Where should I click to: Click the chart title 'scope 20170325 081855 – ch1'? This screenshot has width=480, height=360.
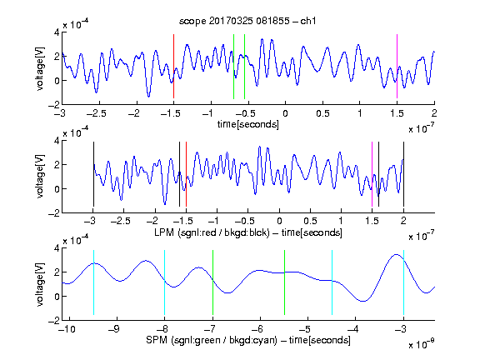pos(247,21)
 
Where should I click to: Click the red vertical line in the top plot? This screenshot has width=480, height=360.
pos(174,66)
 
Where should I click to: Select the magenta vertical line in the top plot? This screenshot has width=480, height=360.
pos(397,66)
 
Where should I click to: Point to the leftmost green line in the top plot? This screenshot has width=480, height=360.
pos(233,67)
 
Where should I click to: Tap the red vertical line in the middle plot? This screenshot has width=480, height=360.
pos(186,174)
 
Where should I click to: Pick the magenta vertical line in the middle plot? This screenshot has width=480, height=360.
pos(372,174)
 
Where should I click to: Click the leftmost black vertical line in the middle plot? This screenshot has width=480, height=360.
pos(93,174)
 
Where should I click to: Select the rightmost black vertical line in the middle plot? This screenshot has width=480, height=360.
pos(403,174)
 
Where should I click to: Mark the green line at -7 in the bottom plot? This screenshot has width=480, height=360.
pos(212,282)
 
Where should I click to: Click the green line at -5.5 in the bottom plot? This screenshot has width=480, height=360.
pos(285,282)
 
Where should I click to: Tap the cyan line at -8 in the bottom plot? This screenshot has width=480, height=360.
pos(165,282)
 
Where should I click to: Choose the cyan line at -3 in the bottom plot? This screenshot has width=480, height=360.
pos(404,282)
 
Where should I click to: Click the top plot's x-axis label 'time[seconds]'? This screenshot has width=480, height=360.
pos(248,124)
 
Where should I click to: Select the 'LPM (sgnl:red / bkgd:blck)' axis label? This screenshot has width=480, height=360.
pos(212,232)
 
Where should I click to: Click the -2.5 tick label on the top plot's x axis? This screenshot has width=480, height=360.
pos(96,113)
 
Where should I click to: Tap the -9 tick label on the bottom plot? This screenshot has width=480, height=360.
pos(114,329)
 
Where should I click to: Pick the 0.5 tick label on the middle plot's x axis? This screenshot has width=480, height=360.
pos(310,221)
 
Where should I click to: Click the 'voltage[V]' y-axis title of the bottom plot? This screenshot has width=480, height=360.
pos(40,284)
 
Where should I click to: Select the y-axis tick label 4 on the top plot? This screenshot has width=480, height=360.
pos(57,32)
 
